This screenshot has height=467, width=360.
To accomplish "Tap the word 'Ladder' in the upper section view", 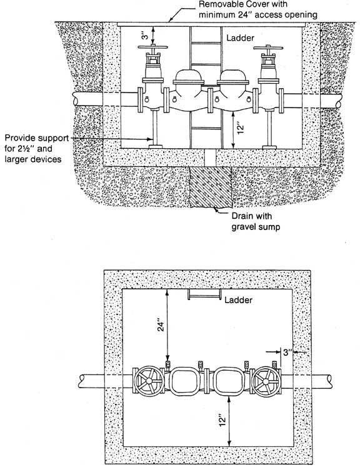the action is pos(240,38).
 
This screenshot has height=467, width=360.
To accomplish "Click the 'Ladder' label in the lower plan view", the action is pos(238,300).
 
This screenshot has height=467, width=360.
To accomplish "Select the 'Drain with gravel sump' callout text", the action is pos(256,221).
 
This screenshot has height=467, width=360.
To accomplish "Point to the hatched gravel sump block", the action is pos(211,187).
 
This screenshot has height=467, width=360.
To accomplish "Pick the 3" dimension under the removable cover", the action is pos(145,36).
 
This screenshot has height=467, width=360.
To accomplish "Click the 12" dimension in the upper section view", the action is pos(241,127).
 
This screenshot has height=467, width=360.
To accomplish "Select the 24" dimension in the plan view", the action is pos(161,326).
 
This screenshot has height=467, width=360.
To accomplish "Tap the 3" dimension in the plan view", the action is pos(288,353).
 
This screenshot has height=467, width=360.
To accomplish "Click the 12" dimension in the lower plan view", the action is pos(222,420).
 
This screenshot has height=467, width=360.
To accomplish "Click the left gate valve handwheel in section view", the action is pos(152,47).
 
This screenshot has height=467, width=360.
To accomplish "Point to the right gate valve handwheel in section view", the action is pos(268,48).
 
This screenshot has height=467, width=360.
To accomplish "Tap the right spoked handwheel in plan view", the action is pos(265,382).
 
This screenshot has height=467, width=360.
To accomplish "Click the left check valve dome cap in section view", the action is pos(189,77).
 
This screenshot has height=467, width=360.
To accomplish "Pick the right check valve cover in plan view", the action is pos(229,381).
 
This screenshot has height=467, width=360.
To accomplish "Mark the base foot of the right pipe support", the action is pos(269,147).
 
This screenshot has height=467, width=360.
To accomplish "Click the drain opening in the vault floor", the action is pos(211,158).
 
